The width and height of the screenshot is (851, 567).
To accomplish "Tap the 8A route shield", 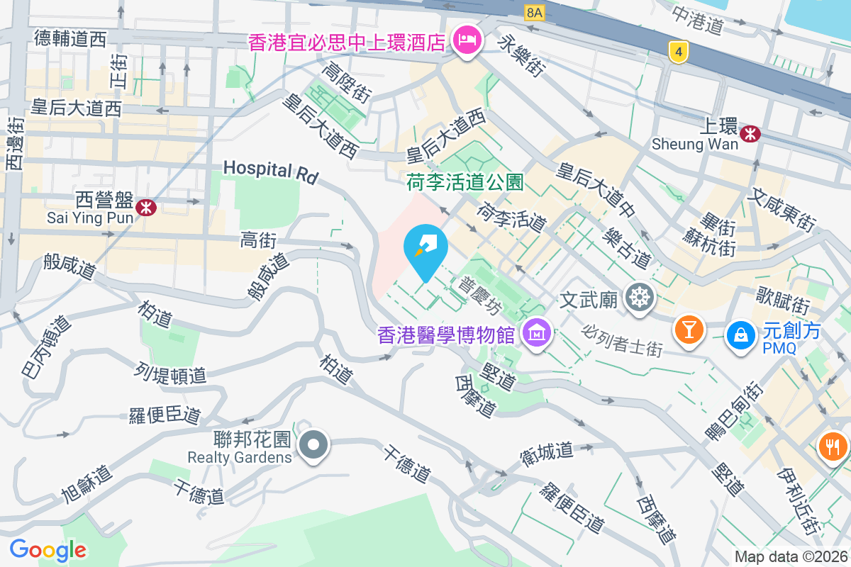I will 534,12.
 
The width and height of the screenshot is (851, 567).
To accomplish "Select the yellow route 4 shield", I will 679,51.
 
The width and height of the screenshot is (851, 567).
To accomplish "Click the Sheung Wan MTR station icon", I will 750,133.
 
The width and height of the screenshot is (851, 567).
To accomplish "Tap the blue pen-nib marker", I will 425,248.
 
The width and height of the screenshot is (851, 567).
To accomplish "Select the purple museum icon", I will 537,331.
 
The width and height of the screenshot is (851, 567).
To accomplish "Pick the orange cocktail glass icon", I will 688,330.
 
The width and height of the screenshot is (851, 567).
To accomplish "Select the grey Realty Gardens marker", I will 313,447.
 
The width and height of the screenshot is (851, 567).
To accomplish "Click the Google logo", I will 48,550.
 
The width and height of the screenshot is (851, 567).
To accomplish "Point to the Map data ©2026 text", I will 791,557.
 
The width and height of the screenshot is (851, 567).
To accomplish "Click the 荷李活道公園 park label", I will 465,184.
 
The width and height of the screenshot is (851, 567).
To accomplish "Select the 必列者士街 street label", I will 622,340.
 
